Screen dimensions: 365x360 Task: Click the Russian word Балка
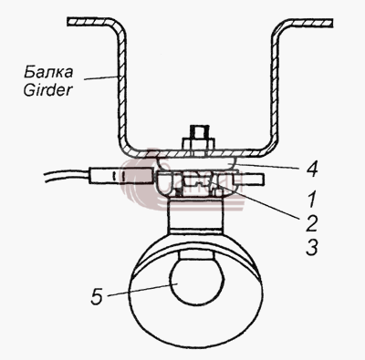pos(48,72)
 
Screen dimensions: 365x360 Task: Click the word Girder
pos(48,89)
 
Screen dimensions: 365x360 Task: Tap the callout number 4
pos(311,169)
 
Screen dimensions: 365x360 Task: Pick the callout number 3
pos(311,247)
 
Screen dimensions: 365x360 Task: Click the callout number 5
pos(98,296)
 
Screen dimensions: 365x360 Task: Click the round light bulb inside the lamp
pos(197,281)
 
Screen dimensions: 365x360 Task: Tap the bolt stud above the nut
pos(198,131)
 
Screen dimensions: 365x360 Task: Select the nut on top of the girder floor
pos(198,144)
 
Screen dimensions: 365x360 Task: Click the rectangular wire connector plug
pos(120,176)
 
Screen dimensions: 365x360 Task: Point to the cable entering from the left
pos(67,176)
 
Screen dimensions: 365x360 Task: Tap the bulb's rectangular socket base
pos(197,254)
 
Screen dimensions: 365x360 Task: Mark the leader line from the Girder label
pos(102,77)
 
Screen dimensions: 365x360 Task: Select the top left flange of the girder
pos(92,22)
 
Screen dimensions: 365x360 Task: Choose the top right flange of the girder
pos(308,22)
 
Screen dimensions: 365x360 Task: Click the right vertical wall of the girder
pos(275,88)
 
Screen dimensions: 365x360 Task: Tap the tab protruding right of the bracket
pos(249,179)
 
